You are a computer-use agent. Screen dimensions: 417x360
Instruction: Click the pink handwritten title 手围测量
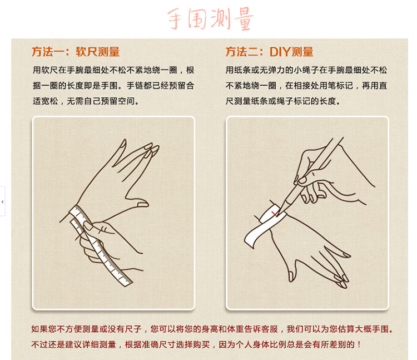(210, 18)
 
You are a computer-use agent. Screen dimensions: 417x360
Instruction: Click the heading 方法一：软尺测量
(76, 52)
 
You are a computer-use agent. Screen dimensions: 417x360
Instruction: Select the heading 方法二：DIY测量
(269, 52)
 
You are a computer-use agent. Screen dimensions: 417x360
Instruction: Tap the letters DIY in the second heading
(280, 52)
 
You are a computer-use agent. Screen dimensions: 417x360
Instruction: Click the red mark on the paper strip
(275, 214)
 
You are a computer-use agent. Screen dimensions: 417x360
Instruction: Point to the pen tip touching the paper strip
(277, 213)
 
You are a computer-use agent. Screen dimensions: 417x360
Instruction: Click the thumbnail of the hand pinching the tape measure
(88, 226)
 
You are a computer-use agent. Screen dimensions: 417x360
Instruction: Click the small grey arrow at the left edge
(2, 202)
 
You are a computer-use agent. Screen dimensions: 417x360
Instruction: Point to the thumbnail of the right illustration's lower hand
(291, 276)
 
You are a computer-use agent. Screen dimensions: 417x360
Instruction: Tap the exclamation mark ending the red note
(359, 344)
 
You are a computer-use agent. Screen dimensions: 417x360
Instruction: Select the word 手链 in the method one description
(135, 86)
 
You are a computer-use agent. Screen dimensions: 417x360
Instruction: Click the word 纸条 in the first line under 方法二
(242, 70)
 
